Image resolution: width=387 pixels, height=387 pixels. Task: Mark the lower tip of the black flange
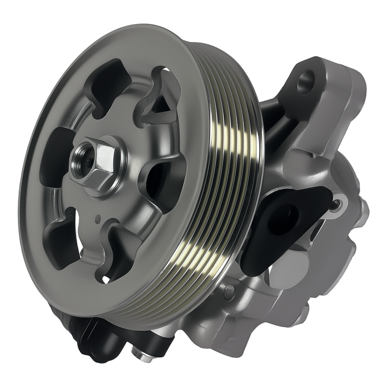pos(248,267)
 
